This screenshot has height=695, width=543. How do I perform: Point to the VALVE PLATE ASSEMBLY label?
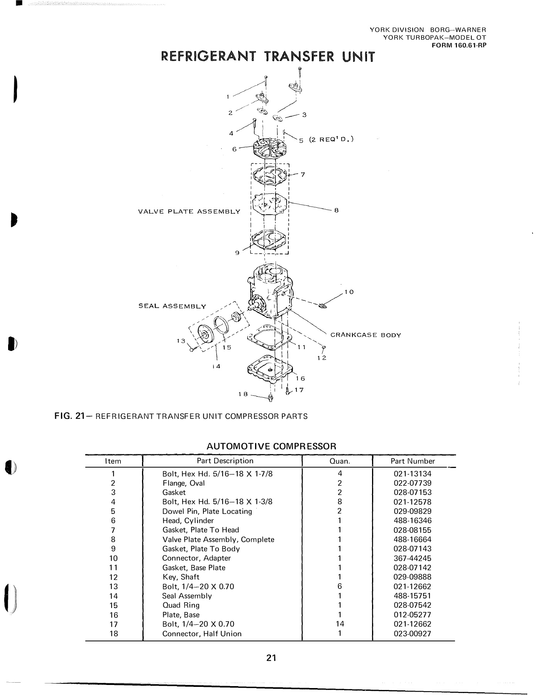coord(189,212)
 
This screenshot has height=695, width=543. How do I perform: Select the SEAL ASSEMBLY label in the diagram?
coord(172,306)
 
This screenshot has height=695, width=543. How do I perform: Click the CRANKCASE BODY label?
coord(365,335)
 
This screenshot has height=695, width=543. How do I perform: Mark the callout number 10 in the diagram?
coord(349,292)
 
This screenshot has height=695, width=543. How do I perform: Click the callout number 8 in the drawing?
coord(336,210)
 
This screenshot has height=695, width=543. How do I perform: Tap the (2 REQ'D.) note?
coord(331,139)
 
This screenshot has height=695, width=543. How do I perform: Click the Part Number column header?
coord(413,461)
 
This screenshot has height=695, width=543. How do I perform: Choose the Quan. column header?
coord(340,461)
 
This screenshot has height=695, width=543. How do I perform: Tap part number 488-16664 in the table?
coord(412,539)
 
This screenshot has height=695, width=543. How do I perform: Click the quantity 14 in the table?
coord(340,624)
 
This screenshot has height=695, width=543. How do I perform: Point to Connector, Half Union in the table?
coord(201,634)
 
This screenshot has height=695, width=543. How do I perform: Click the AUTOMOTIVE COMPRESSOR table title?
coord(271,446)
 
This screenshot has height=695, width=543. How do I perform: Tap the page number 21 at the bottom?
coord(271,658)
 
